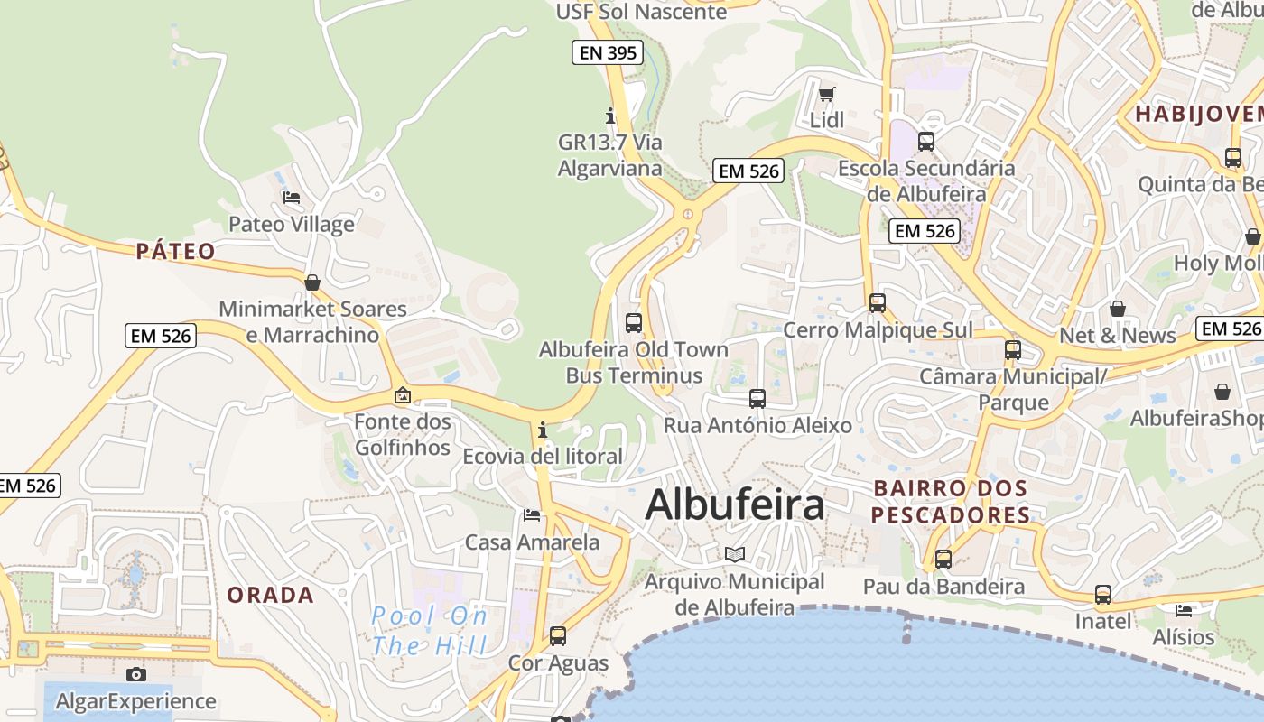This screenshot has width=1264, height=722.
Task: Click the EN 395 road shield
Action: point(609,52)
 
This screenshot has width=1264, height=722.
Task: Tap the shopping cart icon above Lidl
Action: point(826,93)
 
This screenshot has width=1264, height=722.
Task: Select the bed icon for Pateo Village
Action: point(292,197)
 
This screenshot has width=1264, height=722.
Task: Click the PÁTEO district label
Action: point(176,251)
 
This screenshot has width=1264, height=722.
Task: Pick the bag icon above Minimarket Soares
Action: point(312,282)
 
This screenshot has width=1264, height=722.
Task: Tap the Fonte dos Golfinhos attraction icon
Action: point(403,395)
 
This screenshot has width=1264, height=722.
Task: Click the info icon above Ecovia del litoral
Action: point(543,430)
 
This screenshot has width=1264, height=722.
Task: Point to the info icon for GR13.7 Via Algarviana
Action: point(610,116)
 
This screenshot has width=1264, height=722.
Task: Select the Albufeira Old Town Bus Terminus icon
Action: point(634,322)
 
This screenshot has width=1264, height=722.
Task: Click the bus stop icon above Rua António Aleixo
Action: point(757,398)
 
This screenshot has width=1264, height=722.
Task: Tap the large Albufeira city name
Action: point(735,504)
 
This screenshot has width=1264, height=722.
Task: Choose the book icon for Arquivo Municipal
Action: point(735,554)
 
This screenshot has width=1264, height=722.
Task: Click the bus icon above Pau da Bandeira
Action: point(943,559)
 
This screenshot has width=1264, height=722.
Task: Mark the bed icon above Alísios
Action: point(1184,610)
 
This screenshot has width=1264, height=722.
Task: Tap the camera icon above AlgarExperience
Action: point(136,674)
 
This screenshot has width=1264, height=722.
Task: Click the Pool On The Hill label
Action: point(430,631)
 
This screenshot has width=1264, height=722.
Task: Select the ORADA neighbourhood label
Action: point(270,595)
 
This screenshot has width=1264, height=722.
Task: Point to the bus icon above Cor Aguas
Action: point(558,635)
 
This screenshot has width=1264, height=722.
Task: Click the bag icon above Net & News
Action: point(1118,309)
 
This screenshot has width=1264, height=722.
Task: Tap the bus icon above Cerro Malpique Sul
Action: point(878,303)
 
